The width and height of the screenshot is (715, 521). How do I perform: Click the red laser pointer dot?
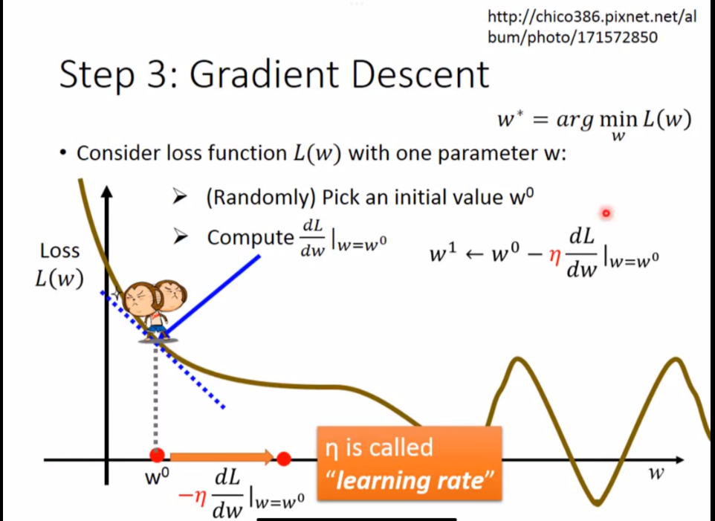[x=606, y=213]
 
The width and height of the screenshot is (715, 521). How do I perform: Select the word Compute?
[x=250, y=238]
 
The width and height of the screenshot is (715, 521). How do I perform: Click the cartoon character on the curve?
[x=155, y=311]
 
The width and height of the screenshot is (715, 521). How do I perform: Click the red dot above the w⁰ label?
[x=157, y=455]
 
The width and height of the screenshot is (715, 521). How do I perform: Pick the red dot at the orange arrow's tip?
[x=284, y=459]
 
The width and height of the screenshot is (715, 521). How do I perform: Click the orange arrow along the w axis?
[x=222, y=457]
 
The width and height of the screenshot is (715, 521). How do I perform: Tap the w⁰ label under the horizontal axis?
[x=157, y=477]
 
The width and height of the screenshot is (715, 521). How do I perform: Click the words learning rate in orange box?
[x=410, y=481]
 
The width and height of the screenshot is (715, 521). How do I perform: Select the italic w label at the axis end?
[x=656, y=473]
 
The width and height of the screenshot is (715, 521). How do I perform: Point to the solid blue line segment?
[x=213, y=296]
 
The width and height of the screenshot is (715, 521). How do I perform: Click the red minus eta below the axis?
[x=192, y=495]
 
